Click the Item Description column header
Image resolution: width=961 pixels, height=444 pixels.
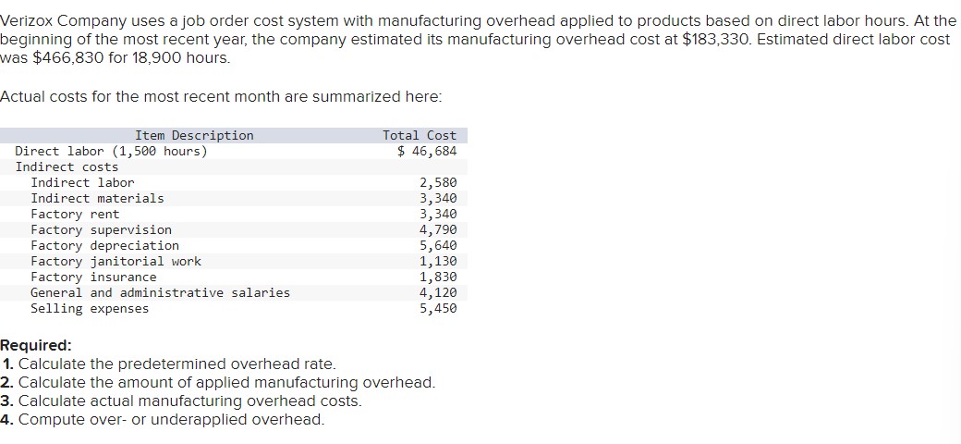pos(194,135)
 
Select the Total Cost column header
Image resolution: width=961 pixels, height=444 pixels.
pos(420,135)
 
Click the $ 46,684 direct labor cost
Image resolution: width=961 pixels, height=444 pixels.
pos(427,151)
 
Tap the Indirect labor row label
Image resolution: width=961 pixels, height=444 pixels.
pos(82,182)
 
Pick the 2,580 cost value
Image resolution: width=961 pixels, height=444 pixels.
pos(438,182)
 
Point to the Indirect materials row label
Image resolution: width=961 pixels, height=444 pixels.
pos(97,198)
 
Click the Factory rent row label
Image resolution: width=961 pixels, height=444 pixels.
pos(75,214)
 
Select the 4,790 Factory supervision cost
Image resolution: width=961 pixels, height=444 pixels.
pos(438,229)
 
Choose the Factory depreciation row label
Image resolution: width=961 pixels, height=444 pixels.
pos(104,245)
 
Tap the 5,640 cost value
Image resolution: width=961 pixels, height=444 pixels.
pos(438,245)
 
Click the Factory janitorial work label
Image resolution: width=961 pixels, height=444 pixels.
pos(116,261)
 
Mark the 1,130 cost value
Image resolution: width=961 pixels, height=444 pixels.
pos(438,261)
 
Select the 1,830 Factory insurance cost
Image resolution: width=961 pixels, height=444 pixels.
pos(438,277)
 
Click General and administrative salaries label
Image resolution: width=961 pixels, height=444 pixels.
pos(160,292)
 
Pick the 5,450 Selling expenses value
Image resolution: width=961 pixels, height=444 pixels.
pos(438,308)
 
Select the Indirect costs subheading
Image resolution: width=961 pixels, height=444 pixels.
pos(67,166)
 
